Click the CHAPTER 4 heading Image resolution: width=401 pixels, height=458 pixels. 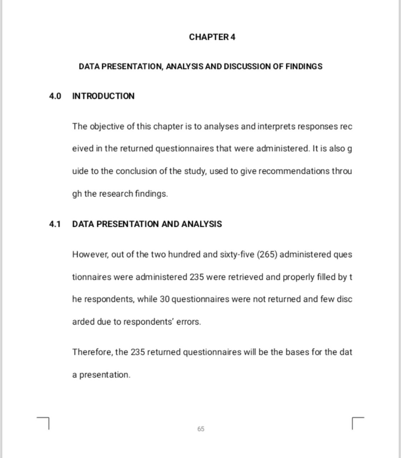212,37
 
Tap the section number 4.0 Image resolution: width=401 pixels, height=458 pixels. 55,96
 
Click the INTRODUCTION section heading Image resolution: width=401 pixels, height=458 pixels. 103,96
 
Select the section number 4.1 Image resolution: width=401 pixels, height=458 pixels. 55,224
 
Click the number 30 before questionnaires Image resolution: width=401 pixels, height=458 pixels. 164,299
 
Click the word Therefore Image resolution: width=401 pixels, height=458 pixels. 93,352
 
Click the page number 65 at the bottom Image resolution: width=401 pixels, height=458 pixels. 201,429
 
